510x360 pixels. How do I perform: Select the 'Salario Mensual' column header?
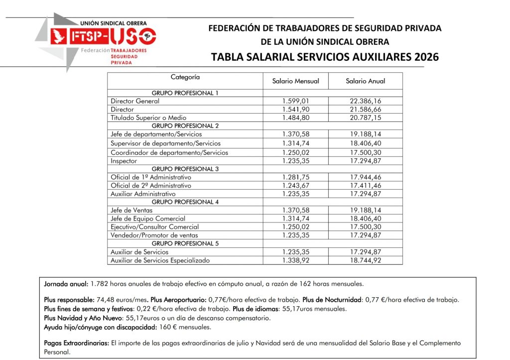coord(295,81)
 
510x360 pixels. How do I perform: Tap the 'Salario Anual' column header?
coord(365,81)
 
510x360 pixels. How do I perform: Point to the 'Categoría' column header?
coord(185,77)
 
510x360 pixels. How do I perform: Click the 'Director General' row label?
coord(135,101)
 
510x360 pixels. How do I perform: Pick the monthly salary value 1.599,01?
coord(295,101)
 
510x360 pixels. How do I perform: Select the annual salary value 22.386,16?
coord(366,101)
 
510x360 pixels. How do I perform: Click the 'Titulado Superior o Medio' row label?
coord(149,118)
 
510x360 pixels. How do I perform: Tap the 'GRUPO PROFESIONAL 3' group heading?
coord(185,169)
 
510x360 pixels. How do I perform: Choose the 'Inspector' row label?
coord(124,161)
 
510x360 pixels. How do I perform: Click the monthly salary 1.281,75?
coord(295,177)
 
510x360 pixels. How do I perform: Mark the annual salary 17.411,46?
coord(366,185)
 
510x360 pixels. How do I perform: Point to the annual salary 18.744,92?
coord(366,260)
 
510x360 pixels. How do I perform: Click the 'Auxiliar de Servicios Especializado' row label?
coord(160,260)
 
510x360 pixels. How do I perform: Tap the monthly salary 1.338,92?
coord(295,260)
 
